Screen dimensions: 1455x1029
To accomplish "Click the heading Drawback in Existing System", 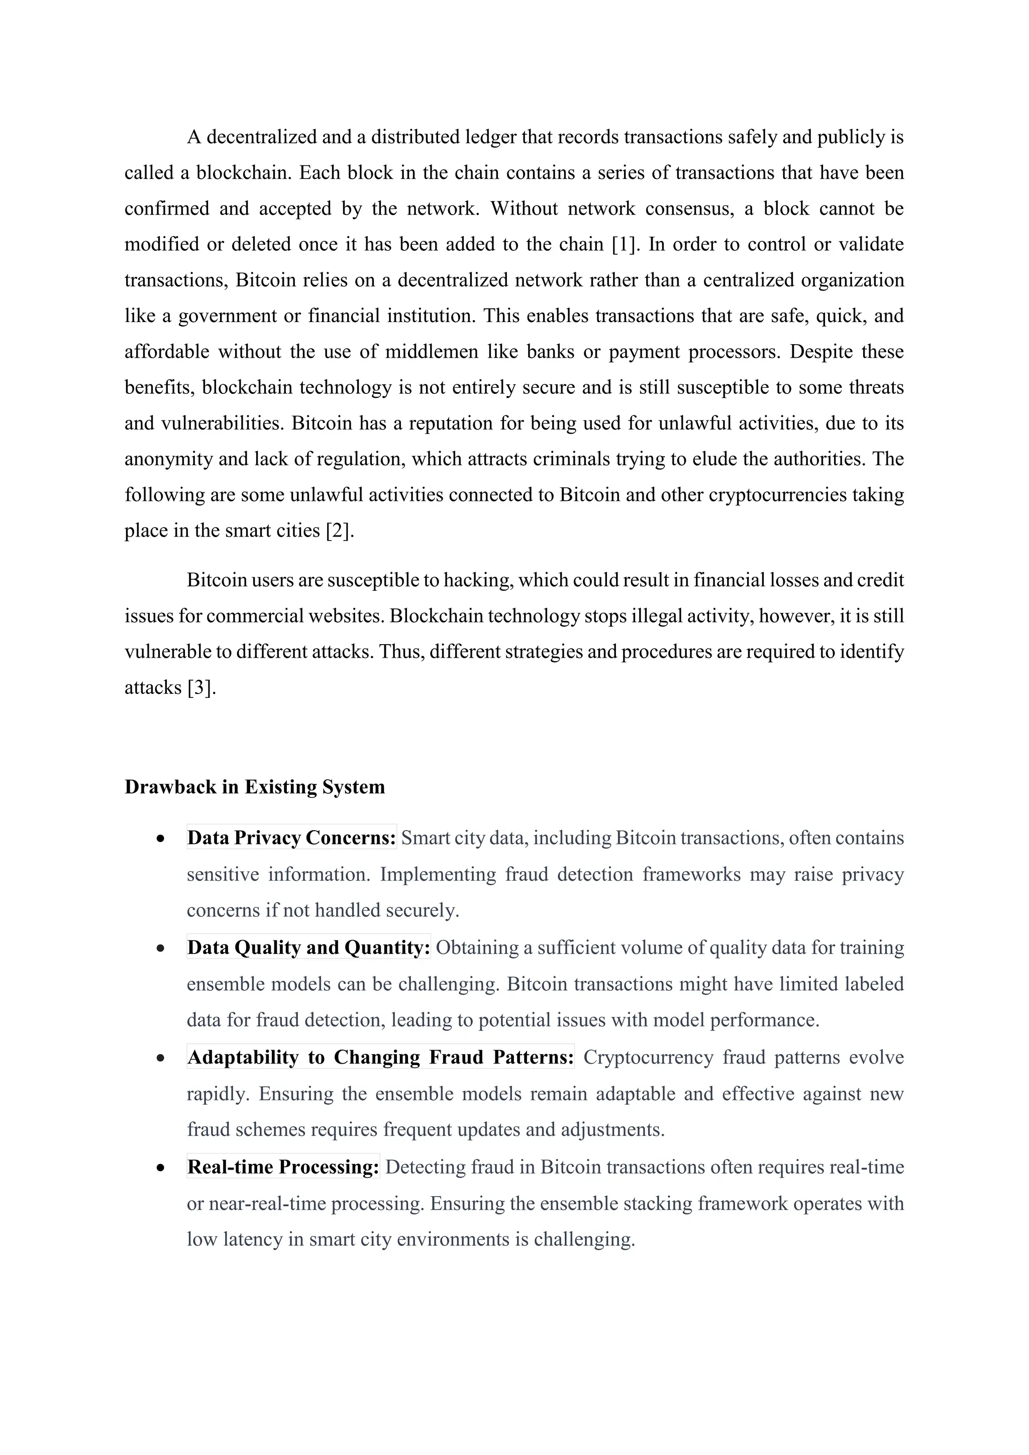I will pos(255,787).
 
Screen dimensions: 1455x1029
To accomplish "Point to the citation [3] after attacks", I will pos(201,688).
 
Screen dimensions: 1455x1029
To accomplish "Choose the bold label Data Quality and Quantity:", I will pos(308,948).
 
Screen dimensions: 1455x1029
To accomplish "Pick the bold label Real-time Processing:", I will pos(283,1167).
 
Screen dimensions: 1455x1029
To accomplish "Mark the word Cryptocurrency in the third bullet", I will pos(648,1057).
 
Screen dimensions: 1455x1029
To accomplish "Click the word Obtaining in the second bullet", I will pos(477,948).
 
